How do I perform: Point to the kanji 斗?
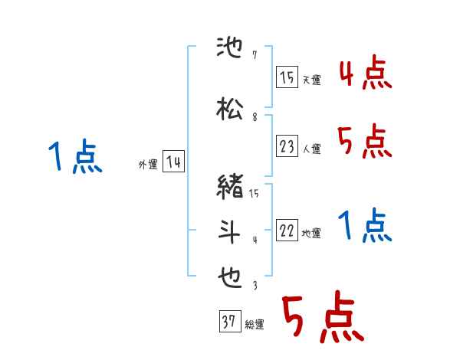coord(231,231)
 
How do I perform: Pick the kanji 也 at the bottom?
coord(231,276)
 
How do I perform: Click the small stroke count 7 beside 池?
coord(255,56)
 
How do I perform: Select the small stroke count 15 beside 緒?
coord(255,194)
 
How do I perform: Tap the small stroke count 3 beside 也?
coord(255,286)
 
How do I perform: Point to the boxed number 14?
coord(173,162)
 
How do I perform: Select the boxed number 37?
coord(229,322)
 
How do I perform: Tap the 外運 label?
coord(147,165)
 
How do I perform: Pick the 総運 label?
coord(255,325)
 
